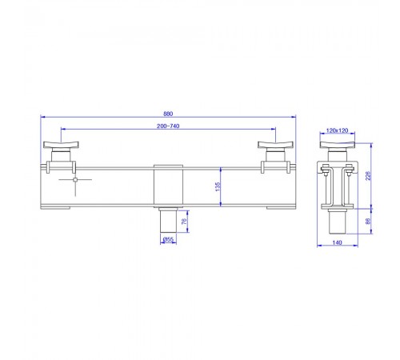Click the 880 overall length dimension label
(x=168, y=114)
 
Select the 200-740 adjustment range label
(x=168, y=126)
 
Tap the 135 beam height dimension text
(x=218, y=186)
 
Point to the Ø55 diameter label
(x=168, y=239)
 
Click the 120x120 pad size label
(x=338, y=130)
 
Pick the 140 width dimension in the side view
(x=338, y=242)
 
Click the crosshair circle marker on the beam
(x=75, y=180)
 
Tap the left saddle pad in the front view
(x=61, y=145)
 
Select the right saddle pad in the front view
(x=275, y=145)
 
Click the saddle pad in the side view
(x=338, y=145)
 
